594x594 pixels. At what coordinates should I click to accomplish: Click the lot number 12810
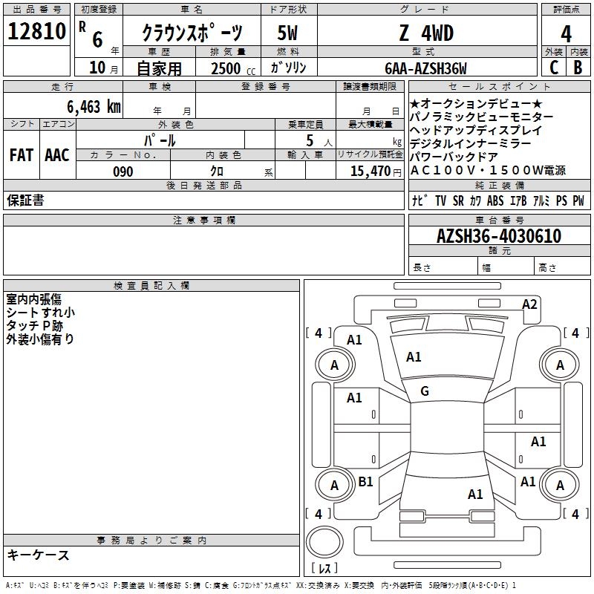tap(36, 31)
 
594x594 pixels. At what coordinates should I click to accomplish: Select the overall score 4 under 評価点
tap(566, 34)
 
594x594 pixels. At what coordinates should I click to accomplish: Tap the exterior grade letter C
tap(554, 68)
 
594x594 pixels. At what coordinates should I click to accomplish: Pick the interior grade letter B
tap(578, 68)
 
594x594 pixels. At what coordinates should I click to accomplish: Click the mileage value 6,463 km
tap(94, 107)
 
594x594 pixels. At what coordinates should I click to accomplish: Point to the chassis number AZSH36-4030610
tap(499, 235)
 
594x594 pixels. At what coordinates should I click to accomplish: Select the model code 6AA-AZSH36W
tap(425, 68)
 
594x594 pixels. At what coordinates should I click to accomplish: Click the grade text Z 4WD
tap(426, 33)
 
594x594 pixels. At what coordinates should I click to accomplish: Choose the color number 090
tap(123, 172)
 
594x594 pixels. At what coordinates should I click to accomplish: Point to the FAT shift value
tap(22, 155)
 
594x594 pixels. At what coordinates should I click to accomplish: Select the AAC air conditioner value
tap(57, 155)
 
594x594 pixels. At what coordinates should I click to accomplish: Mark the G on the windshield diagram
tap(425, 391)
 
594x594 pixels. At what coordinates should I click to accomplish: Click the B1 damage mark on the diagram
tap(365, 481)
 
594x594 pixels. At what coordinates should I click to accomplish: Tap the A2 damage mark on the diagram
tap(529, 304)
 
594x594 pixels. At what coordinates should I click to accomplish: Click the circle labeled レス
tap(324, 542)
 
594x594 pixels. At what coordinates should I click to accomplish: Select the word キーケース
tap(39, 555)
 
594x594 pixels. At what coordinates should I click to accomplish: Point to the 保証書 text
tap(25, 200)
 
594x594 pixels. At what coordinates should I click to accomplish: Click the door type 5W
tap(287, 33)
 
